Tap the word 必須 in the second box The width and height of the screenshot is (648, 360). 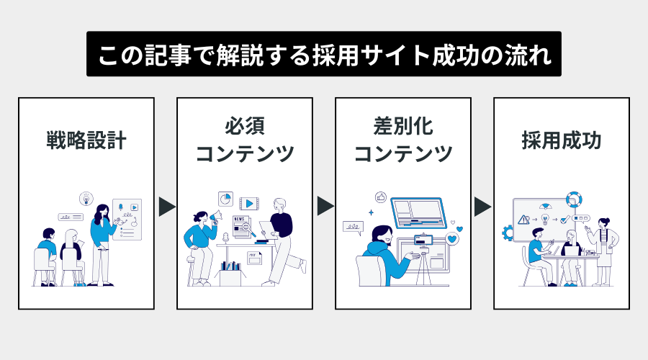tap(245, 127)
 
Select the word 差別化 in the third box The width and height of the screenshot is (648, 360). tap(402, 127)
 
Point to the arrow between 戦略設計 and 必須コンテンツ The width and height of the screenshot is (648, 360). tap(166, 207)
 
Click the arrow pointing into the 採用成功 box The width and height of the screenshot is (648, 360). tap(482, 207)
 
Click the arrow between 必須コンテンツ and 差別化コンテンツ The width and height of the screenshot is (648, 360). tap(325, 207)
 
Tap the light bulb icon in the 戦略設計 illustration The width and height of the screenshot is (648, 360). tap(86, 198)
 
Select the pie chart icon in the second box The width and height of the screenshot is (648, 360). tap(225, 198)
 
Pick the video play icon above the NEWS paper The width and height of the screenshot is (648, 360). tap(248, 204)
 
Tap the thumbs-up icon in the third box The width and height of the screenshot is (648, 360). tap(381, 197)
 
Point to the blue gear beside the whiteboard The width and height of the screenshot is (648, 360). tap(508, 232)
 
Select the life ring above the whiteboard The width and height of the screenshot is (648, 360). tap(573, 199)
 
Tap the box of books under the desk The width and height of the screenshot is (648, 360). tap(230, 274)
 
